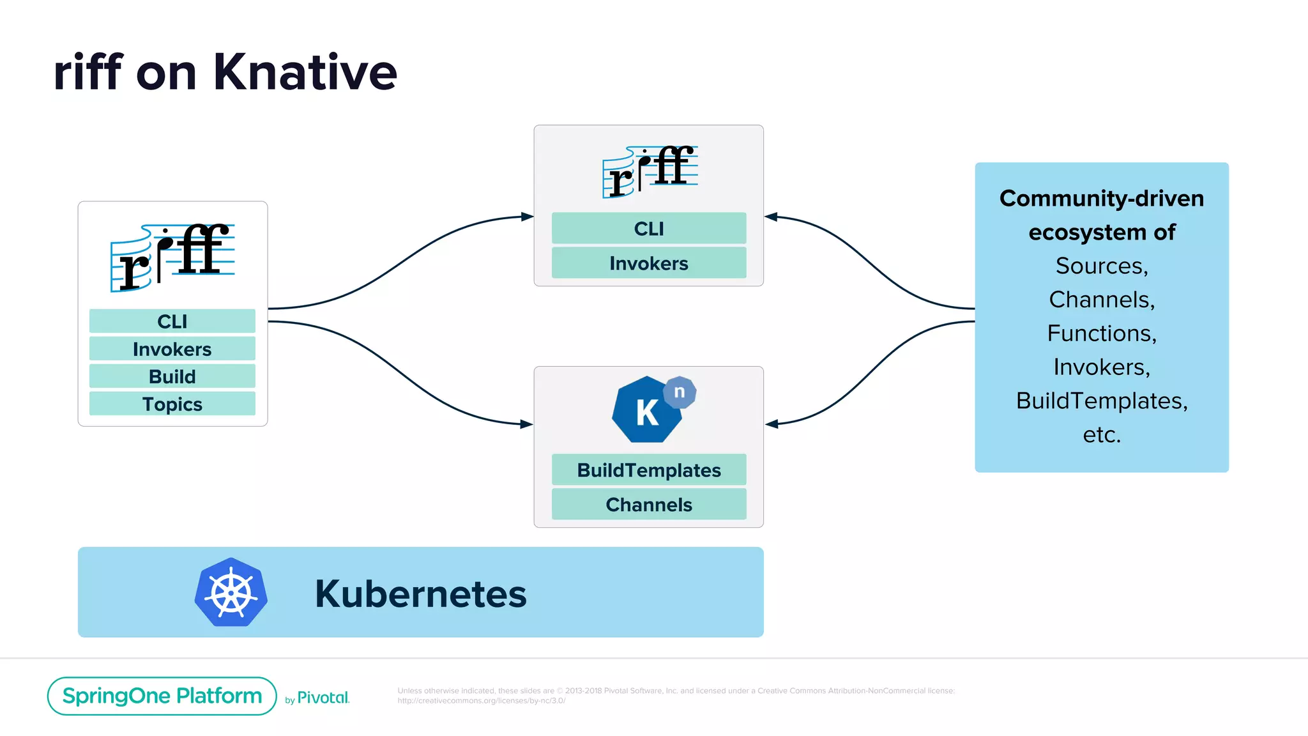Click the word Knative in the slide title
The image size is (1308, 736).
(x=305, y=72)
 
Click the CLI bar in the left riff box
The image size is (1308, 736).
(x=172, y=321)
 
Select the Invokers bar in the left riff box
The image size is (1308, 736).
(x=172, y=349)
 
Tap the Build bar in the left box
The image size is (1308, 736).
(x=172, y=376)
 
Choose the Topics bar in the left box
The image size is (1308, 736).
(x=172, y=404)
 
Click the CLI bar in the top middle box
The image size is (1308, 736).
(x=648, y=228)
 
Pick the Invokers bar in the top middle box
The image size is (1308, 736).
(x=648, y=263)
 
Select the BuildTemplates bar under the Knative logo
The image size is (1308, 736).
(x=648, y=470)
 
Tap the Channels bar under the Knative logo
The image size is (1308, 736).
(x=648, y=504)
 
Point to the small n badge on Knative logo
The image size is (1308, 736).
(x=680, y=392)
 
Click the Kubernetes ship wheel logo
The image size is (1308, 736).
(x=231, y=592)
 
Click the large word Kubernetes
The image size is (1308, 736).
(x=420, y=594)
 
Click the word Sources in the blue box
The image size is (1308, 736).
(x=1101, y=266)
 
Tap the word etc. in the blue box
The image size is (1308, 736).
(x=1101, y=434)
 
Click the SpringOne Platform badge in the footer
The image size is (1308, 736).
(x=162, y=696)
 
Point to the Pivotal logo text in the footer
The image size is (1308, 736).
(x=323, y=698)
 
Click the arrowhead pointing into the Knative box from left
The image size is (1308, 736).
(x=527, y=424)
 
